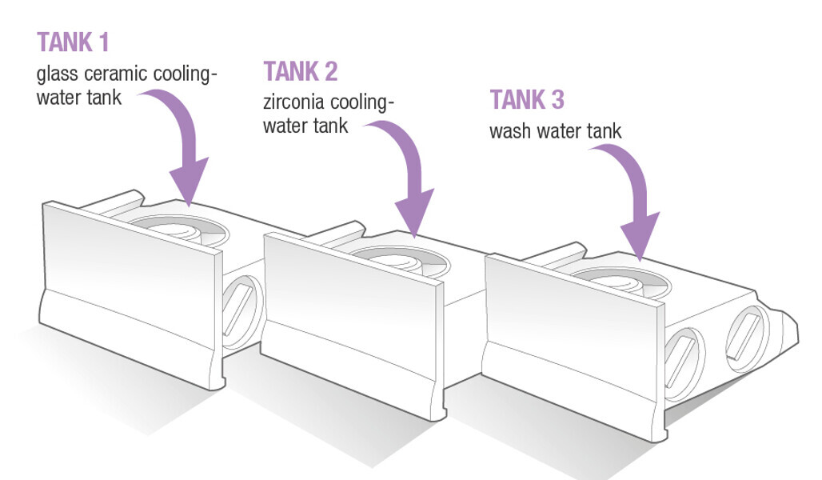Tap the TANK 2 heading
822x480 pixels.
[301, 72]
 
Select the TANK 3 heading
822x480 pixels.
[527, 100]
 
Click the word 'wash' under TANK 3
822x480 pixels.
[510, 130]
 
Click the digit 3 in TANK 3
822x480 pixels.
[557, 100]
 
